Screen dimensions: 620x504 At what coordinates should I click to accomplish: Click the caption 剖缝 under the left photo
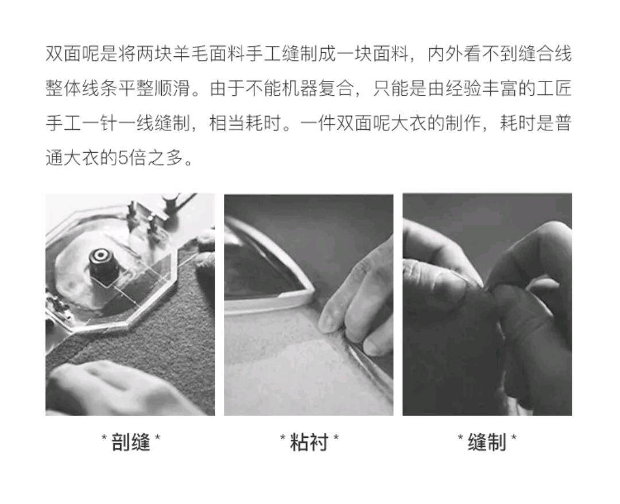point(131,442)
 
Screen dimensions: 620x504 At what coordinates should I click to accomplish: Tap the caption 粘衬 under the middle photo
point(309,442)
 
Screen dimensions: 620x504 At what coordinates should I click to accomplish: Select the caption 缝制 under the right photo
point(487,442)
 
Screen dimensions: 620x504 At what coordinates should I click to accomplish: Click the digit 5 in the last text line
point(123,158)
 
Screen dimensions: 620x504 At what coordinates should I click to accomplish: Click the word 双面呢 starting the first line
point(73,54)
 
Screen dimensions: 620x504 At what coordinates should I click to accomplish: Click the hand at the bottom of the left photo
point(119,389)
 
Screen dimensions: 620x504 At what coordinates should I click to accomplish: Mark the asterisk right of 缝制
point(514,437)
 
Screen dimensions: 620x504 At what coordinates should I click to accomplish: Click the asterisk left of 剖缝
point(104,437)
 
